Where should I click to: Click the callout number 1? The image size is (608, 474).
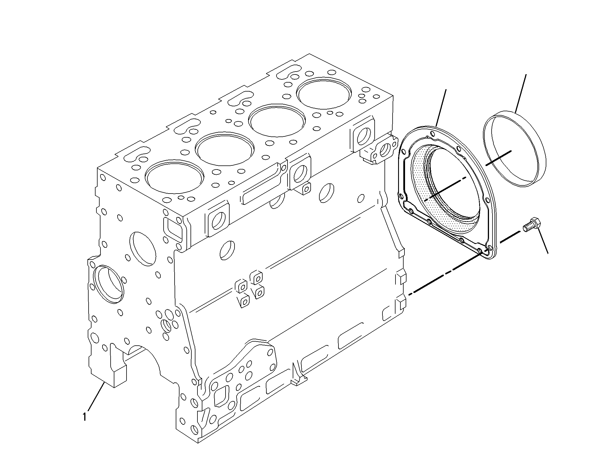click(84, 417)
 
